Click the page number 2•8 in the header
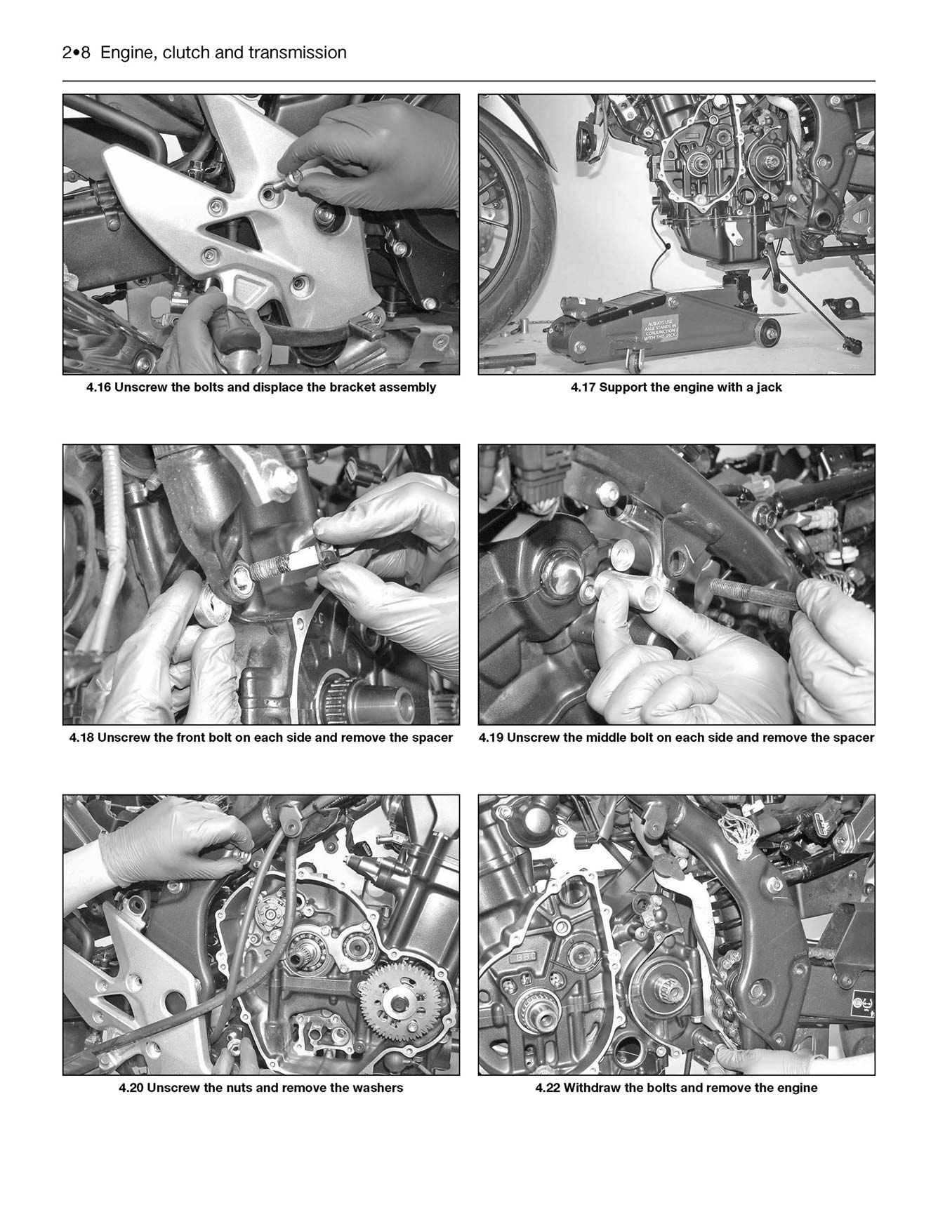76,53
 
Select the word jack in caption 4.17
769,387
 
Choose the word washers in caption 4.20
378,1089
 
